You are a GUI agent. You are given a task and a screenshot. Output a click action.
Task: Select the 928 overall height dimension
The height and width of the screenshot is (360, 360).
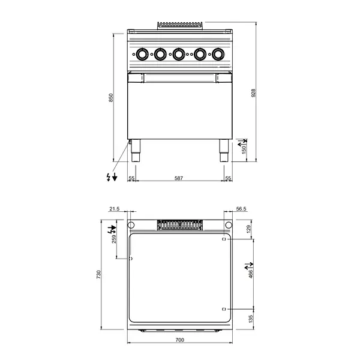254,94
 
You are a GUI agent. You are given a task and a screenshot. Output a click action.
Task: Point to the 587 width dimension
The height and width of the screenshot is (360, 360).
179,178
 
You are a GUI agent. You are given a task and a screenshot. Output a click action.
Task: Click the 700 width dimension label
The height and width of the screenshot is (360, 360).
179,340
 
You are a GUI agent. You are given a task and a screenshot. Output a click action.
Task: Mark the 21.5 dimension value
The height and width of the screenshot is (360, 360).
115,209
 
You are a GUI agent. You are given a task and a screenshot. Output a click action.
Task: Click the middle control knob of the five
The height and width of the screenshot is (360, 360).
179,55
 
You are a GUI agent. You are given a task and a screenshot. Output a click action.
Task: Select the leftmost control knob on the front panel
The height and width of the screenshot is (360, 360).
142,55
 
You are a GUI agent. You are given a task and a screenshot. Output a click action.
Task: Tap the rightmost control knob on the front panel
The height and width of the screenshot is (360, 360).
216,55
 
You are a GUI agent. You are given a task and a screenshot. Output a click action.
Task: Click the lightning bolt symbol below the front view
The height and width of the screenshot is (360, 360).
108,177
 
